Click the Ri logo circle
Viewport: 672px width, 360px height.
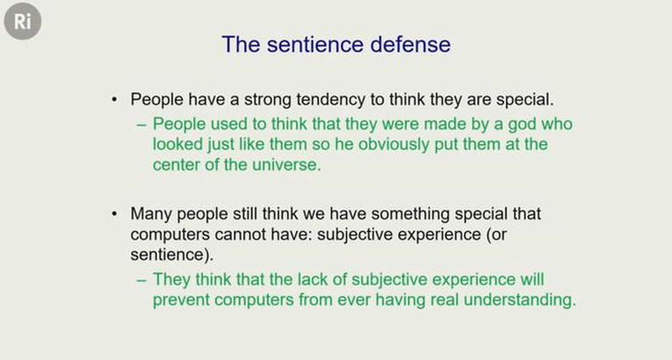(23, 21)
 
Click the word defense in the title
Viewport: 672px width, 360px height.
(410, 44)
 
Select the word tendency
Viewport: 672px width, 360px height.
(331, 100)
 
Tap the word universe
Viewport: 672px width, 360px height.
(286, 165)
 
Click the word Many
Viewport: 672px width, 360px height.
(151, 214)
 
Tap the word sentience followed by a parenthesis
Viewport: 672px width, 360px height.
(172, 255)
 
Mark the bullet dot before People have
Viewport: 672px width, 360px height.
(113, 100)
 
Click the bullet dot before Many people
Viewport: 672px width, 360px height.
(113, 213)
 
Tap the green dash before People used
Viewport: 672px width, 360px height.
(141, 126)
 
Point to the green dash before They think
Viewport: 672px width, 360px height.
(141, 280)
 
